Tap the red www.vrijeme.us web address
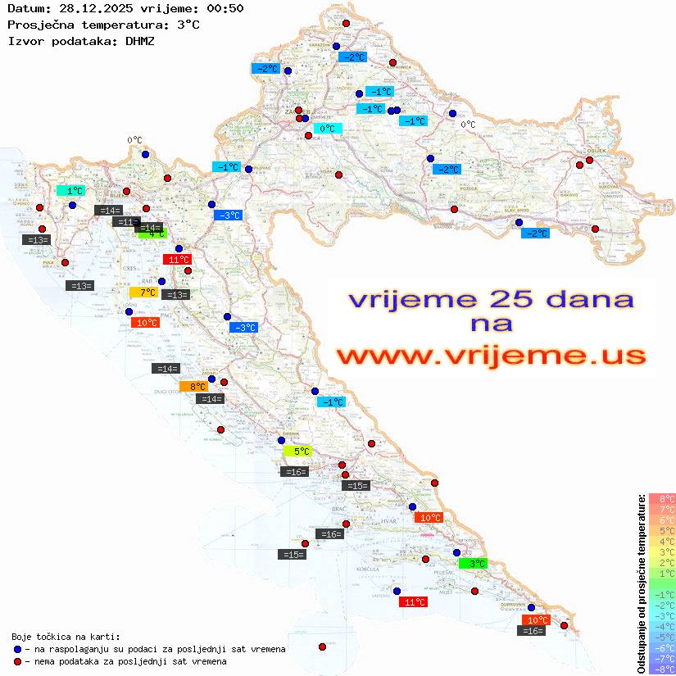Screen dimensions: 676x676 (x=490, y=356)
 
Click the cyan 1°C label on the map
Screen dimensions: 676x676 (x=74, y=190)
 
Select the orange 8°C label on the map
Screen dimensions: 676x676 (x=195, y=386)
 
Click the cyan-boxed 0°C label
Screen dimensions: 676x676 (x=326, y=129)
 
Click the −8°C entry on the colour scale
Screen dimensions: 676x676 (x=661, y=669)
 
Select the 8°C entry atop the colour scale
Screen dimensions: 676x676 (x=661, y=498)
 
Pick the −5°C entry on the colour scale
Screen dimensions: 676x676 (x=661, y=637)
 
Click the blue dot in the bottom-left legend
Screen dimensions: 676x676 (x=17, y=649)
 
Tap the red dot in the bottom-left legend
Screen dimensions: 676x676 (x=17, y=661)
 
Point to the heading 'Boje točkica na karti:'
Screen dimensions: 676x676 (x=66, y=637)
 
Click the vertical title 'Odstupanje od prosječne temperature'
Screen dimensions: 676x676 (x=641, y=583)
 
